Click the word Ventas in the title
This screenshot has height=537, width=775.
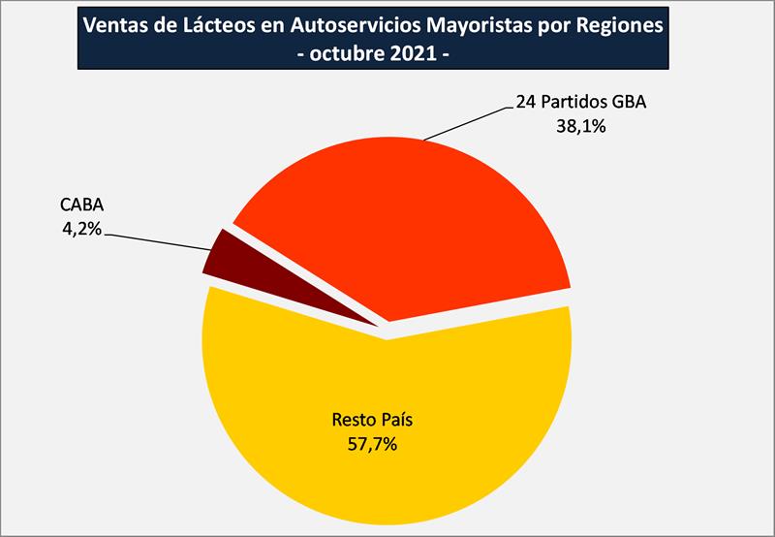(117, 25)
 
